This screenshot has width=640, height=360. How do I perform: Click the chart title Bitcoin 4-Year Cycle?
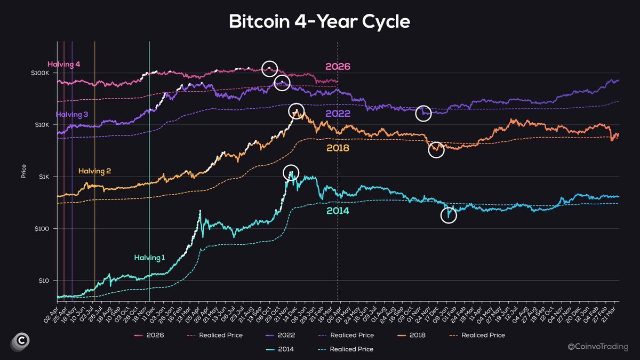[x=319, y=21]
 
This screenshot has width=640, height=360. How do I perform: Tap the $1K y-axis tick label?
[x=43, y=177]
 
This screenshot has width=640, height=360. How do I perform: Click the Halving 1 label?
[x=149, y=258]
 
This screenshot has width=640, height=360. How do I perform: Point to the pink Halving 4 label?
[x=64, y=65]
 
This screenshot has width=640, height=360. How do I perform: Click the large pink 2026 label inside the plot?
[x=338, y=67]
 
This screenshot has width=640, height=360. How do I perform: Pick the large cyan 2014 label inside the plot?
[x=338, y=211]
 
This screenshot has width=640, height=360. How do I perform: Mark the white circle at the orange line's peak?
[x=296, y=111]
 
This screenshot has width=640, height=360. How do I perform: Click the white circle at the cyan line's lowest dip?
[x=449, y=215]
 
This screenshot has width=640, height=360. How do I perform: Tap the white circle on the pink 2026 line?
[x=270, y=67]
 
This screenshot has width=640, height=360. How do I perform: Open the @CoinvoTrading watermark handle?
[x=596, y=347]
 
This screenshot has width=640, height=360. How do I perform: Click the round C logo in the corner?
[x=20, y=341]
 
